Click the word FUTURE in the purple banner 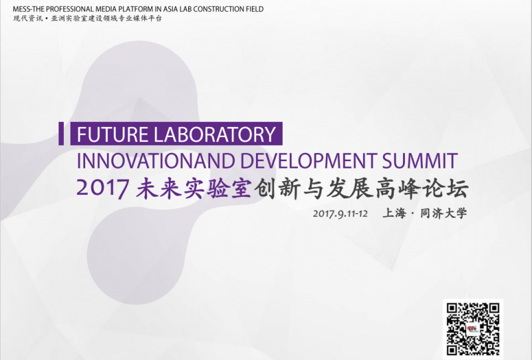tap(112, 134)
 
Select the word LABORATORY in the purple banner tap(215, 134)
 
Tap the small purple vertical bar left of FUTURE tap(61, 134)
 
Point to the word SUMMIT tap(420, 160)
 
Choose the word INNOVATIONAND tap(156, 160)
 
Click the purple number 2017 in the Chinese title tap(103, 188)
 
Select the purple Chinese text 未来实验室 tap(194, 188)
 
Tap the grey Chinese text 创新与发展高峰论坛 tap(361, 188)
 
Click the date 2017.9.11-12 tap(340, 214)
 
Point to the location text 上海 tap(394, 214)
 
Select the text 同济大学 tap(444, 214)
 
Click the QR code tap(473, 329)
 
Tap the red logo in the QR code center tap(473, 329)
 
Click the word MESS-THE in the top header tap(29, 9)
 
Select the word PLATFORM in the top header tap(136, 9)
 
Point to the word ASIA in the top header tap(171, 9)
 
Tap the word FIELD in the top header tap(255, 9)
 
